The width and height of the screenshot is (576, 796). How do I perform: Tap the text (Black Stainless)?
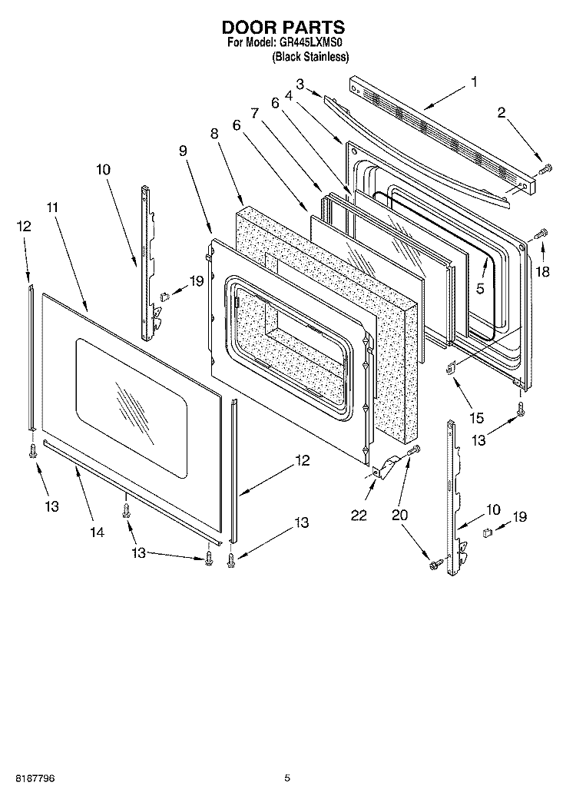pos(310,57)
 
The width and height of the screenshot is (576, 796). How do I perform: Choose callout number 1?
pos(474,81)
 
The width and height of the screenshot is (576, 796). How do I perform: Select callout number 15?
pos(477,418)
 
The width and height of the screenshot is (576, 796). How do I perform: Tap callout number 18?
pos(544,271)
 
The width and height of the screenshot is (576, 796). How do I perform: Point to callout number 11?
pos(52,207)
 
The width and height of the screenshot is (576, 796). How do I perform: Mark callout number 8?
pos(214,134)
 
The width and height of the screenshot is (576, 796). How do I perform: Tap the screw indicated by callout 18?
pos(540,231)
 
